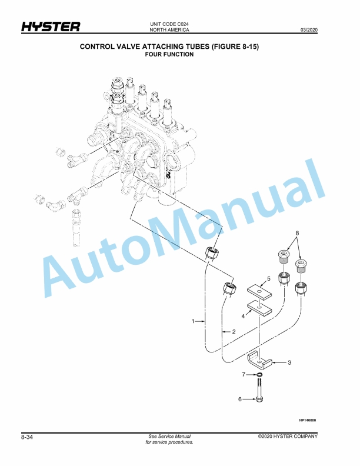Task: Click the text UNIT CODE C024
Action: pyautogui.click(x=169, y=24)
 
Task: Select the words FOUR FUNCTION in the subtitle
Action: pyautogui.click(x=169, y=54)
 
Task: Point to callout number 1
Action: pyautogui.click(x=192, y=321)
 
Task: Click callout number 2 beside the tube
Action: pyautogui.click(x=234, y=332)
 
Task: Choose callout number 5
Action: pyautogui.click(x=268, y=278)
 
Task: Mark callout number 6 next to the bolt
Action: pyautogui.click(x=240, y=399)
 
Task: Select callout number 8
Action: pyautogui.click(x=298, y=233)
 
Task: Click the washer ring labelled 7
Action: pyautogui.click(x=259, y=375)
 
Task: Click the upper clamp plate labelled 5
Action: pyautogui.click(x=258, y=291)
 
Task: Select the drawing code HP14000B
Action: pyautogui.click(x=308, y=420)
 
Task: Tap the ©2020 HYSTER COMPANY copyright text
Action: pyautogui.click(x=287, y=437)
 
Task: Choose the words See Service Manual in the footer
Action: pyautogui.click(x=170, y=437)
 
